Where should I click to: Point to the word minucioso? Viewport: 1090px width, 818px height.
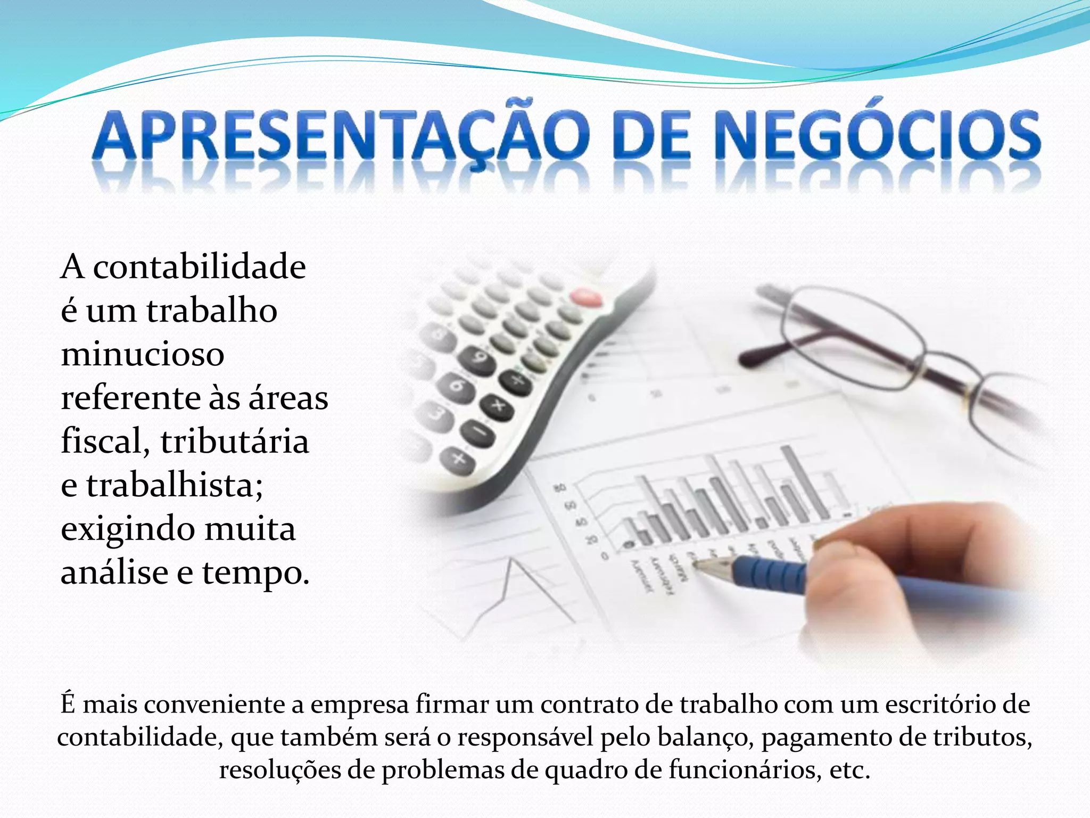(x=143, y=355)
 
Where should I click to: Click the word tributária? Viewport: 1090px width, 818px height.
(x=235, y=442)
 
